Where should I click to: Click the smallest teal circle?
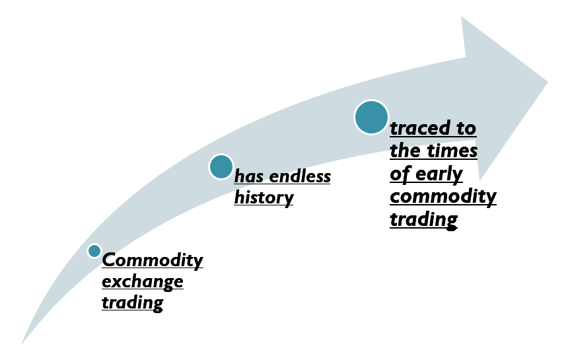(94, 251)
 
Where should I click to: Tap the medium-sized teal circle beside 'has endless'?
(221, 166)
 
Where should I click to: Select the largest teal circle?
(371, 118)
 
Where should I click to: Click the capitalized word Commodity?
(153, 260)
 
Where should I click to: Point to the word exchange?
(143, 282)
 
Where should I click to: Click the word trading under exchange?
(133, 303)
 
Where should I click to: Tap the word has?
(249, 176)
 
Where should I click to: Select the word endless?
(301, 176)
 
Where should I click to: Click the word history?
(264, 198)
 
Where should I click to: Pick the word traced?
(419, 128)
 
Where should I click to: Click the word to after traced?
(466, 128)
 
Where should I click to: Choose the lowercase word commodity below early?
(443, 197)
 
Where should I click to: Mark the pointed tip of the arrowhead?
(548, 82)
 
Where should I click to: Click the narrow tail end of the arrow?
(21, 344)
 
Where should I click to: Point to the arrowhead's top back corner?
(461, 17)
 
